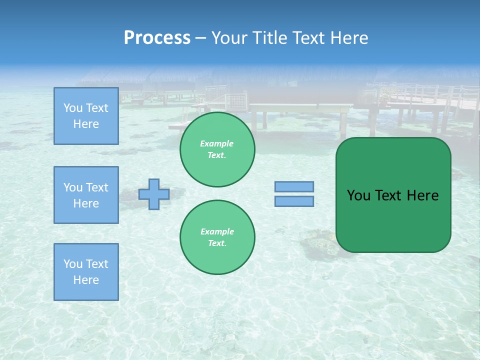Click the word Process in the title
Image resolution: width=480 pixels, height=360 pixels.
point(157,38)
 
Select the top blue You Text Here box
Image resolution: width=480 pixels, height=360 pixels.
point(86,116)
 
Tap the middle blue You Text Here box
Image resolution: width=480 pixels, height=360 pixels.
point(86,195)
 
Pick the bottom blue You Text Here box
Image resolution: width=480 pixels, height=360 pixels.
point(86,272)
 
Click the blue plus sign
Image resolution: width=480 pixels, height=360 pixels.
point(154,194)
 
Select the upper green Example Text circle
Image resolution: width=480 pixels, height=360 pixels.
point(217,149)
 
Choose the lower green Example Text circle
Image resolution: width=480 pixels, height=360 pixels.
point(217,237)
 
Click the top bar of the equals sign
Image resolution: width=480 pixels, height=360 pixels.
point(294,186)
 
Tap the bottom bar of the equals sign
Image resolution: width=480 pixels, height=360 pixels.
point(294,201)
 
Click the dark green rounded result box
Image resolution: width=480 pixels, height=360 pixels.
point(393,220)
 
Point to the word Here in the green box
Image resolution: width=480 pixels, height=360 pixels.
point(422,195)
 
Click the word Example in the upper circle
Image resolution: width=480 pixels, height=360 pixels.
point(217,143)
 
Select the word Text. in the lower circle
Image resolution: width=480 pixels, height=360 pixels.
point(217,243)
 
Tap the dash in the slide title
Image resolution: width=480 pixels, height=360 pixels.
point(201,38)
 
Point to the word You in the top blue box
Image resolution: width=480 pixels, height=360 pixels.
point(73,108)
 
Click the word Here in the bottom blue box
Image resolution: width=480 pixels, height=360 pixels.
point(86,280)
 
